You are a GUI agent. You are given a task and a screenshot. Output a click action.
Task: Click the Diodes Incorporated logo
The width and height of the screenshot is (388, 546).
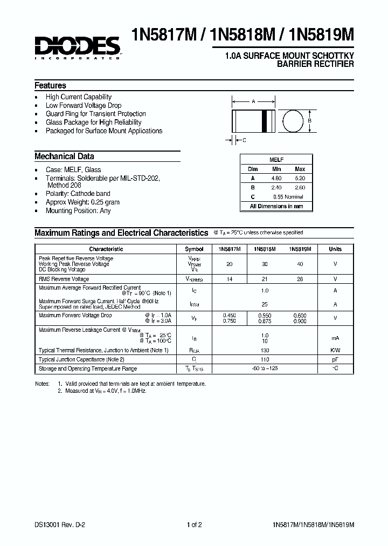tap(78, 47)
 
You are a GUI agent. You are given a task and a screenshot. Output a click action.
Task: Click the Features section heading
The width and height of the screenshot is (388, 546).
tap(50, 86)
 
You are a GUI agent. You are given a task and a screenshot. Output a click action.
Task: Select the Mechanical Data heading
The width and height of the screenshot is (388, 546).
tap(64, 156)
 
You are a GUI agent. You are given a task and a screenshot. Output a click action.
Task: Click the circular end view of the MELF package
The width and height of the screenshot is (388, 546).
tap(293, 121)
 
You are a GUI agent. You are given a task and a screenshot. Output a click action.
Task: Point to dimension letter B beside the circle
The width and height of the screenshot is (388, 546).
tap(310, 121)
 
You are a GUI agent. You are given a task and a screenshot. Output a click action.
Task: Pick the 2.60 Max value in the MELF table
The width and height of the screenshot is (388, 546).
tap(300, 187)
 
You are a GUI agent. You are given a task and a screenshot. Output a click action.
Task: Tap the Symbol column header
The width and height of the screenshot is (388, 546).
tap(194, 249)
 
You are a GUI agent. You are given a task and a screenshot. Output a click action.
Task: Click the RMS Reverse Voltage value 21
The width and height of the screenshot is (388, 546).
tap(265, 279)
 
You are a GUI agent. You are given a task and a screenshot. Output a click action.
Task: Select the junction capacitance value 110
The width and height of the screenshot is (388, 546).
tap(265, 359)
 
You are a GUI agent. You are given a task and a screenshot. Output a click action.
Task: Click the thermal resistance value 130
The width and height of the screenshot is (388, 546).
tap(265, 350)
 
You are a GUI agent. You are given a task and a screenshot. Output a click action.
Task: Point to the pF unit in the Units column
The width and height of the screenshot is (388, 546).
tap(335, 359)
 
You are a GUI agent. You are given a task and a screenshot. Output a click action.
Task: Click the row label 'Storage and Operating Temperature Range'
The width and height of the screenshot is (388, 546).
tap(87, 369)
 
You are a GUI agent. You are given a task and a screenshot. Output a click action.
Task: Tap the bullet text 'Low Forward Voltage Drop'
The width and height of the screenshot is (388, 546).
tap(84, 106)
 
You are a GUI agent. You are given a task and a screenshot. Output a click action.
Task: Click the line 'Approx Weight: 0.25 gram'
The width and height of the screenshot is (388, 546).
tap(82, 202)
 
